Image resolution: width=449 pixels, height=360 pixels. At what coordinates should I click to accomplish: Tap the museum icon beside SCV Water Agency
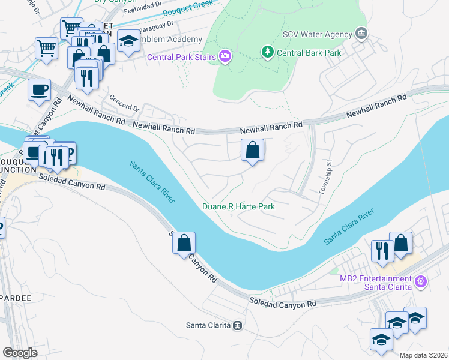[361, 33]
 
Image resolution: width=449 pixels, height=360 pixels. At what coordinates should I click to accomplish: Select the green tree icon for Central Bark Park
[268, 53]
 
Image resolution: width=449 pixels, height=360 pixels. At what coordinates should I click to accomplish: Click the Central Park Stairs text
[182, 58]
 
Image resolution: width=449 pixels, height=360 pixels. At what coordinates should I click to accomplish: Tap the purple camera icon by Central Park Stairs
[225, 58]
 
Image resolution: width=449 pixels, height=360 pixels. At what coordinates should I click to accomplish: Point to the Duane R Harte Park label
[238, 206]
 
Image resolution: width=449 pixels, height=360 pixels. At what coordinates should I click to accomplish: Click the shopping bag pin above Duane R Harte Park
[253, 151]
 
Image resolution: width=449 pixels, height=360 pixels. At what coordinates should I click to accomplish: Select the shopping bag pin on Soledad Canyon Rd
[184, 244]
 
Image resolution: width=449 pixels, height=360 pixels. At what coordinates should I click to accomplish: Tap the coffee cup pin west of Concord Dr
[40, 91]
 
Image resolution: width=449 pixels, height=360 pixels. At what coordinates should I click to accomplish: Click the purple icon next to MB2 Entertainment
[421, 280]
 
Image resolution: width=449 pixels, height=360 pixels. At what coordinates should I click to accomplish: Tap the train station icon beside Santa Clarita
[238, 326]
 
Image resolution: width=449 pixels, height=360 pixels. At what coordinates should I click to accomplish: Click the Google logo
[20, 353]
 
